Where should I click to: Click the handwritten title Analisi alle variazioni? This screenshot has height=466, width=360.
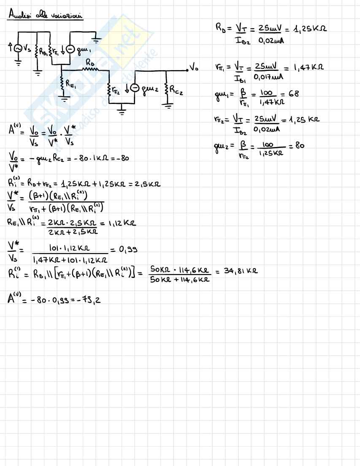[46, 16]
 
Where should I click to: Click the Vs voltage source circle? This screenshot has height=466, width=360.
[18, 49]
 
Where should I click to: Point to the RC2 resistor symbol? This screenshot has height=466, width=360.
[167, 90]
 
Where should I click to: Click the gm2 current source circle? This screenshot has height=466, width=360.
[135, 88]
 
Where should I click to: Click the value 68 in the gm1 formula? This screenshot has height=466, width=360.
[294, 93]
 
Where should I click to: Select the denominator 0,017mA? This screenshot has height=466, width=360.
[268, 77]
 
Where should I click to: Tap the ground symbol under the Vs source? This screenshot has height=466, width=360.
[18, 63]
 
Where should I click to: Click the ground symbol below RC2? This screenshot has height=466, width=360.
[167, 106]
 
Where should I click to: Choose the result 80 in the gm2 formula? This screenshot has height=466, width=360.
[300, 146]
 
